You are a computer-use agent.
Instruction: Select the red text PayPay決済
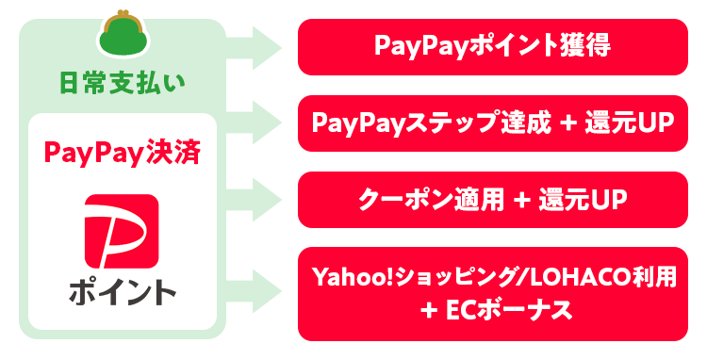122,151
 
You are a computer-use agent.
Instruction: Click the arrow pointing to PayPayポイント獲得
257,46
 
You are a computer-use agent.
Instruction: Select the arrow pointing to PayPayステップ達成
257,123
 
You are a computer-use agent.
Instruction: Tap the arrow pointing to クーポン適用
257,199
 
